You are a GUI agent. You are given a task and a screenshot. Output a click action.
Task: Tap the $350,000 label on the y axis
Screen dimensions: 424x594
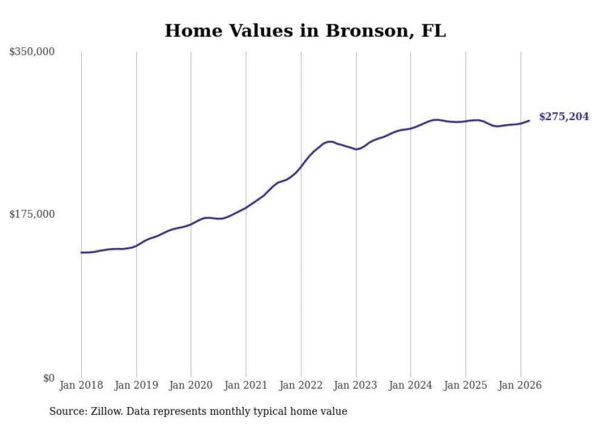click(32, 52)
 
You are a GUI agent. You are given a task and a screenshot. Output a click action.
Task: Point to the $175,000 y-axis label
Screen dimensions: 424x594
click(32, 214)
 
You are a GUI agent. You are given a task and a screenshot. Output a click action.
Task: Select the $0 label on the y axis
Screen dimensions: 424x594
click(48, 378)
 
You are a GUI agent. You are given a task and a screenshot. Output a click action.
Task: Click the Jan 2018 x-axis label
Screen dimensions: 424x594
click(81, 385)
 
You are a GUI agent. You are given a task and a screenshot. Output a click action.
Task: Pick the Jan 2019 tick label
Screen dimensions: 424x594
click(136, 385)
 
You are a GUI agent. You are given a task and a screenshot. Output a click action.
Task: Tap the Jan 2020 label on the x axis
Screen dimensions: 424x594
click(191, 385)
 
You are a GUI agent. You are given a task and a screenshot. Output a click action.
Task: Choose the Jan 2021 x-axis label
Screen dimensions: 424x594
click(245, 385)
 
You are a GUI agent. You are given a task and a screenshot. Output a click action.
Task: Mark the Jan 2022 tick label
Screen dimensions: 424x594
click(301, 385)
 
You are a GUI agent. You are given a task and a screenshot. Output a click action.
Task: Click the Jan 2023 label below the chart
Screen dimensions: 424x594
click(356, 385)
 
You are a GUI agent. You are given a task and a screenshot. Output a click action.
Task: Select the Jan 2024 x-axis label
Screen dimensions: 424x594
click(410, 385)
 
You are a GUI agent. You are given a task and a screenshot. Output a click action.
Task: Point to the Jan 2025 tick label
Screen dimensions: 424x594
click(466, 385)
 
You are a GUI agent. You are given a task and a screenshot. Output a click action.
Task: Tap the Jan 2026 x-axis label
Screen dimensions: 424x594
click(520, 385)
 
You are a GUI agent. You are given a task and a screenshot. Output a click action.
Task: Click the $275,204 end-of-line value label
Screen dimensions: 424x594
click(564, 116)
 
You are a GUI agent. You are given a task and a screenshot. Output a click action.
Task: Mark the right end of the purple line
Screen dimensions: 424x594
click(529, 120)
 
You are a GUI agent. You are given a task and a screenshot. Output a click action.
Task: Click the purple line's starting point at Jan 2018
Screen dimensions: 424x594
click(81, 252)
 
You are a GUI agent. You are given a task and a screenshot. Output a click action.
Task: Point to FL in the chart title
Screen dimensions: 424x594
click(433, 31)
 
